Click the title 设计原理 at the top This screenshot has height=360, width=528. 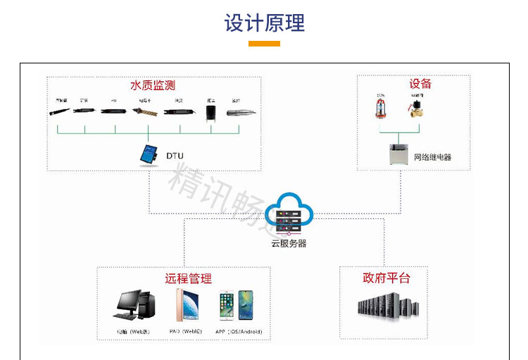[x=264, y=23]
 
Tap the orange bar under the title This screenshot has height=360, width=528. [x=264, y=44]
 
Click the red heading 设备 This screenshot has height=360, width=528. [x=420, y=84]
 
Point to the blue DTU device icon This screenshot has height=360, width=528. [x=149, y=154]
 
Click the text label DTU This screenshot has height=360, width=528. [x=174, y=155]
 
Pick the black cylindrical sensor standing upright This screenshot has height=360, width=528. [x=210, y=112]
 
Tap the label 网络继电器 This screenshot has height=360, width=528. [x=432, y=157]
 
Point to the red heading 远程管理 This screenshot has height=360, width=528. [x=188, y=278]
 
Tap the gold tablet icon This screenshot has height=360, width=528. [x=187, y=306]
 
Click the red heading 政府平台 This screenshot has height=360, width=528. [x=386, y=278]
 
